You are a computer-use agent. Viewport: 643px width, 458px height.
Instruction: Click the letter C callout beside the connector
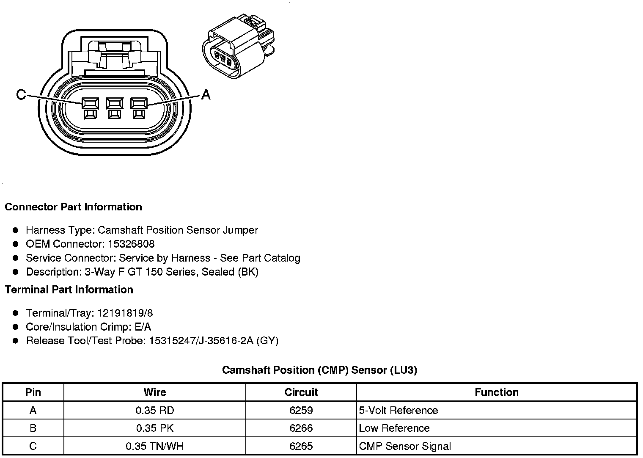pyautogui.click(x=21, y=94)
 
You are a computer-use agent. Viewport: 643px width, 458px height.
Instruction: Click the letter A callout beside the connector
pyautogui.click(x=206, y=94)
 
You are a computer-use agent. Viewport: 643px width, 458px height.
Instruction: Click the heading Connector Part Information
pyautogui.click(x=73, y=207)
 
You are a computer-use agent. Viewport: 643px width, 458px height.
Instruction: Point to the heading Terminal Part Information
pyautogui.click(x=69, y=290)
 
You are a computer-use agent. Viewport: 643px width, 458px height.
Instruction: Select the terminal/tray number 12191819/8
pyautogui.click(x=125, y=313)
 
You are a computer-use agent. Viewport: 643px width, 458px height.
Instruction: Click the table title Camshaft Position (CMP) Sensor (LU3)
pyautogui.click(x=319, y=370)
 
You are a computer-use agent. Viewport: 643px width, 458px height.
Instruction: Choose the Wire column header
pyautogui.click(x=155, y=392)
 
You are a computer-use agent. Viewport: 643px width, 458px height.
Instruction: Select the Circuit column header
pyautogui.click(x=301, y=392)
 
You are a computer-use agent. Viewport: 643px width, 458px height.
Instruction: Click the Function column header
pyautogui.click(x=497, y=392)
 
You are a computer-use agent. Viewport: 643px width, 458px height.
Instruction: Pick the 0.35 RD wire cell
pyautogui.click(x=155, y=411)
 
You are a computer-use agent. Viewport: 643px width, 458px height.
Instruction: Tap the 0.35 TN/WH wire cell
pyautogui.click(x=155, y=446)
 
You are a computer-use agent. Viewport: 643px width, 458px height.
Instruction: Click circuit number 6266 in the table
pyautogui.click(x=301, y=428)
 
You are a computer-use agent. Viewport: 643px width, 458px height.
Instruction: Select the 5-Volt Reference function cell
pyautogui.click(x=398, y=411)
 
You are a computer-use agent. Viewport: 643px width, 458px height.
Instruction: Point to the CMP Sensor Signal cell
pyautogui.click(x=405, y=446)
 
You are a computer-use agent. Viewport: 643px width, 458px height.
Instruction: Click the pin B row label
pyautogui.click(x=33, y=428)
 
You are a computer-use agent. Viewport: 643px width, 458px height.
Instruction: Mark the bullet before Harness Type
pyautogui.click(x=16, y=230)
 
